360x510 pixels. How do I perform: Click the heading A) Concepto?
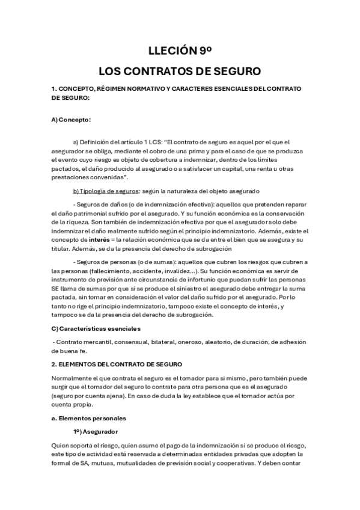click(71, 119)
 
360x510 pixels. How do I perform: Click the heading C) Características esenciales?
click(96, 328)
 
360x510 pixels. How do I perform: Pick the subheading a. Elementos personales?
click(88, 417)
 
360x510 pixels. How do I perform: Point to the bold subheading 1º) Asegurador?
click(95, 432)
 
